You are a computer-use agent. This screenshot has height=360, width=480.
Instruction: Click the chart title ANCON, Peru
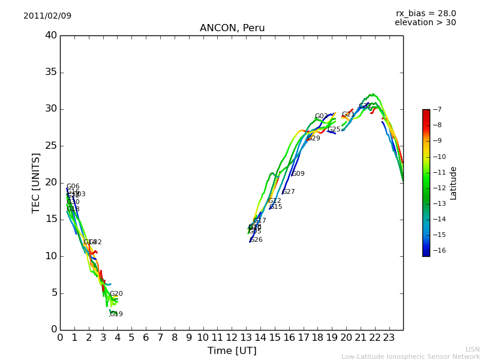(x=232, y=28)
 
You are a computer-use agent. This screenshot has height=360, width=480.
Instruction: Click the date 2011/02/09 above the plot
(x=47, y=16)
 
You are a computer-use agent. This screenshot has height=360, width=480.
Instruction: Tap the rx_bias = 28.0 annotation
(x=425, y=13)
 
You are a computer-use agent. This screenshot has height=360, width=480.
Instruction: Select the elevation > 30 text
(x=425, y=23)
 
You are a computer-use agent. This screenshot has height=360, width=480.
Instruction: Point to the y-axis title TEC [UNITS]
(x=36, y=182)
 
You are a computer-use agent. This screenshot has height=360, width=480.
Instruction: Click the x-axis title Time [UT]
(x=232, y=350)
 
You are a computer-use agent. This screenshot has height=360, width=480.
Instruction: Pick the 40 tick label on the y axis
(x=51, y=35)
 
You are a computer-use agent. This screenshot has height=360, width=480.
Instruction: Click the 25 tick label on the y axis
(x=51, y=146)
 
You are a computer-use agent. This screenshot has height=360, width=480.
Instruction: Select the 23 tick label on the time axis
(x=389, y=337)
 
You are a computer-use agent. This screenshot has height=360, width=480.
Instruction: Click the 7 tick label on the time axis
(x=160, y=337)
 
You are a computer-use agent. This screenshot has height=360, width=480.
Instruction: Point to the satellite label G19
(x=116, y=314)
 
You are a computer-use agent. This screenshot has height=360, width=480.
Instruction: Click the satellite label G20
(x=116, y=294)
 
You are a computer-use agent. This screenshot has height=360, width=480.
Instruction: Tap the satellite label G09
(x=298, y=174)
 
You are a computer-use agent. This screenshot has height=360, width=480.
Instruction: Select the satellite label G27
(x=289, y=192)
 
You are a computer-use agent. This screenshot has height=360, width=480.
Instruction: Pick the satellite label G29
(x=314, y=139)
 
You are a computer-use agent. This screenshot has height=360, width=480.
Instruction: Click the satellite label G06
(x=73, y=187)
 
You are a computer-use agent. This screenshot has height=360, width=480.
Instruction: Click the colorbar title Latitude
(x=454, y=183)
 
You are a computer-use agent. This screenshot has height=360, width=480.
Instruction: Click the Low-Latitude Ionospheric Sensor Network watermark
(x=410, y=357)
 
